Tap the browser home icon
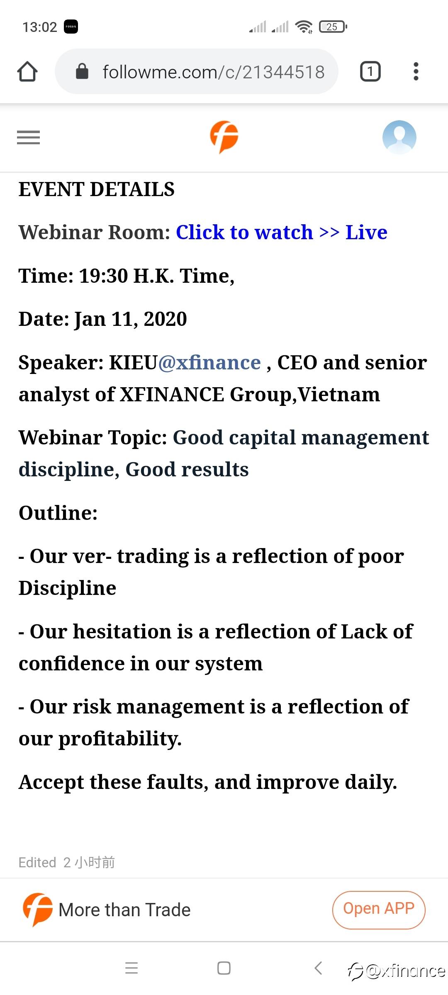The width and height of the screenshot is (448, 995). (27, 71)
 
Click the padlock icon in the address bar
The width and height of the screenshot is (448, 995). (82, 71)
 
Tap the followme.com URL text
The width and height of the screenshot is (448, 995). (214, 72)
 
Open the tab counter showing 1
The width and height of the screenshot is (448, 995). (370, 71)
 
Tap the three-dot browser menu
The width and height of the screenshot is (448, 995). (416, 71)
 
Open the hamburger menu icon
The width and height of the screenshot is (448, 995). (28, 137)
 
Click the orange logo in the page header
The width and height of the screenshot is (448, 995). (224, 137)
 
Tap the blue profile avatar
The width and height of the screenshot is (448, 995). (399, 137)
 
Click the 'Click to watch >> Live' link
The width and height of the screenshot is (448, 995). (282, 232)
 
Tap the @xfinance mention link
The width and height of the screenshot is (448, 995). (209, 363)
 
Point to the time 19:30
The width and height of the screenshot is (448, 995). (103, 276)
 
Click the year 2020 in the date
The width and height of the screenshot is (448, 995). (165, 319)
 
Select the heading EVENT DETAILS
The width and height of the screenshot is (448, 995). (97, 189)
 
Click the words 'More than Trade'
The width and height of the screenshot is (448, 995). (124, 910)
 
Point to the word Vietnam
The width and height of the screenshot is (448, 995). (339, 394)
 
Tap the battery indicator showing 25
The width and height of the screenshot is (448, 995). (333, 27)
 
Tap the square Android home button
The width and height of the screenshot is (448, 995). (224, 968)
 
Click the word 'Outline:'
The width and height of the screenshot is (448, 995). (58, 513)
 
